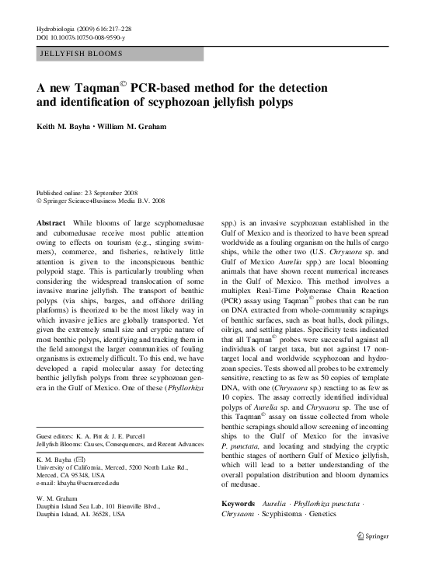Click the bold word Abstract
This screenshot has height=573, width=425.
[51, 223]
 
